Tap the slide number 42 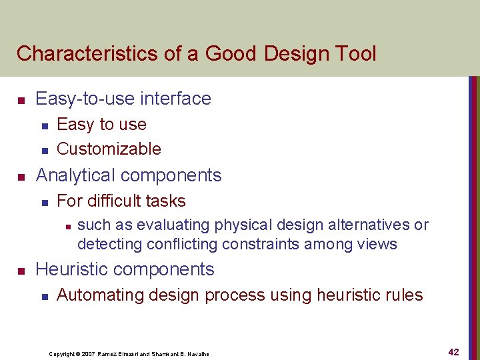click(453, 351)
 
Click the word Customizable click(109, 149)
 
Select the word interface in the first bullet click(175, 99)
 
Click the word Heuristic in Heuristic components click(72, 269)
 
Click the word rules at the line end click(404, 295)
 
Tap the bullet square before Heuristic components click(21, 271)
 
